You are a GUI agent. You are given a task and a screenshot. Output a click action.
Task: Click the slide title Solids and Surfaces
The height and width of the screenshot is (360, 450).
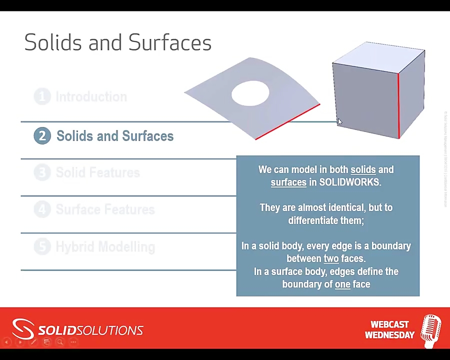117,42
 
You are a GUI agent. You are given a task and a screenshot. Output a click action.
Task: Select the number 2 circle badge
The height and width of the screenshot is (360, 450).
42,136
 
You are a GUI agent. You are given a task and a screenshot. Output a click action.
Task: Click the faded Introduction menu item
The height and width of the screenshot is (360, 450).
91,96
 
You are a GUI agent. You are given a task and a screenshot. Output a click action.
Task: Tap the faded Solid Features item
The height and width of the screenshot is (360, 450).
97,173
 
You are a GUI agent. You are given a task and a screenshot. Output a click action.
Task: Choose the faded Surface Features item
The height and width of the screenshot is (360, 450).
105,209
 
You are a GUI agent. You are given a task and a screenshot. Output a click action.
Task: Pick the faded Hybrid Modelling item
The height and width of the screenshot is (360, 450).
105,246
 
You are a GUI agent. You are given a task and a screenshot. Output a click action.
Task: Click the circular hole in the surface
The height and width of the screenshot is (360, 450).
250,93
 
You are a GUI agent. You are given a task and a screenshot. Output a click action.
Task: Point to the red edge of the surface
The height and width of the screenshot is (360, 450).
287,121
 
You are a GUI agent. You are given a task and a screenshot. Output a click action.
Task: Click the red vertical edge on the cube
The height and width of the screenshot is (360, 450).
398,105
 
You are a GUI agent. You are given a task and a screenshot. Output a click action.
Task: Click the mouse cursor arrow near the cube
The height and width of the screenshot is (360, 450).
339,122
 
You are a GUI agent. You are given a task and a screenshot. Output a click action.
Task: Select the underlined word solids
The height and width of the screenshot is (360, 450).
363,170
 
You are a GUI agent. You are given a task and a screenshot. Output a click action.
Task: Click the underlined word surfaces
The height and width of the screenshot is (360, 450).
288,182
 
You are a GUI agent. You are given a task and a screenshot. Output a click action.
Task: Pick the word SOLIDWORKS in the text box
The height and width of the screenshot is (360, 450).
349,182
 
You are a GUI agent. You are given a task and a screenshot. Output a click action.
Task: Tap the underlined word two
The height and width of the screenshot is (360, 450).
331,258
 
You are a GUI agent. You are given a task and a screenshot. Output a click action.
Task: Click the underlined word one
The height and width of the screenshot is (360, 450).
342,284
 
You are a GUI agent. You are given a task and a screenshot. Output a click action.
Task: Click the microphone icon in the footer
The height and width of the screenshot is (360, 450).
430,330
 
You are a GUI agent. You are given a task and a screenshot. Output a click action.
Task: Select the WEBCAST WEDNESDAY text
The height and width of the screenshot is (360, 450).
389,330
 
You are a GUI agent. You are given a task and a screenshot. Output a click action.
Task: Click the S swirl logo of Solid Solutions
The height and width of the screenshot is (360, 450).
23,329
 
